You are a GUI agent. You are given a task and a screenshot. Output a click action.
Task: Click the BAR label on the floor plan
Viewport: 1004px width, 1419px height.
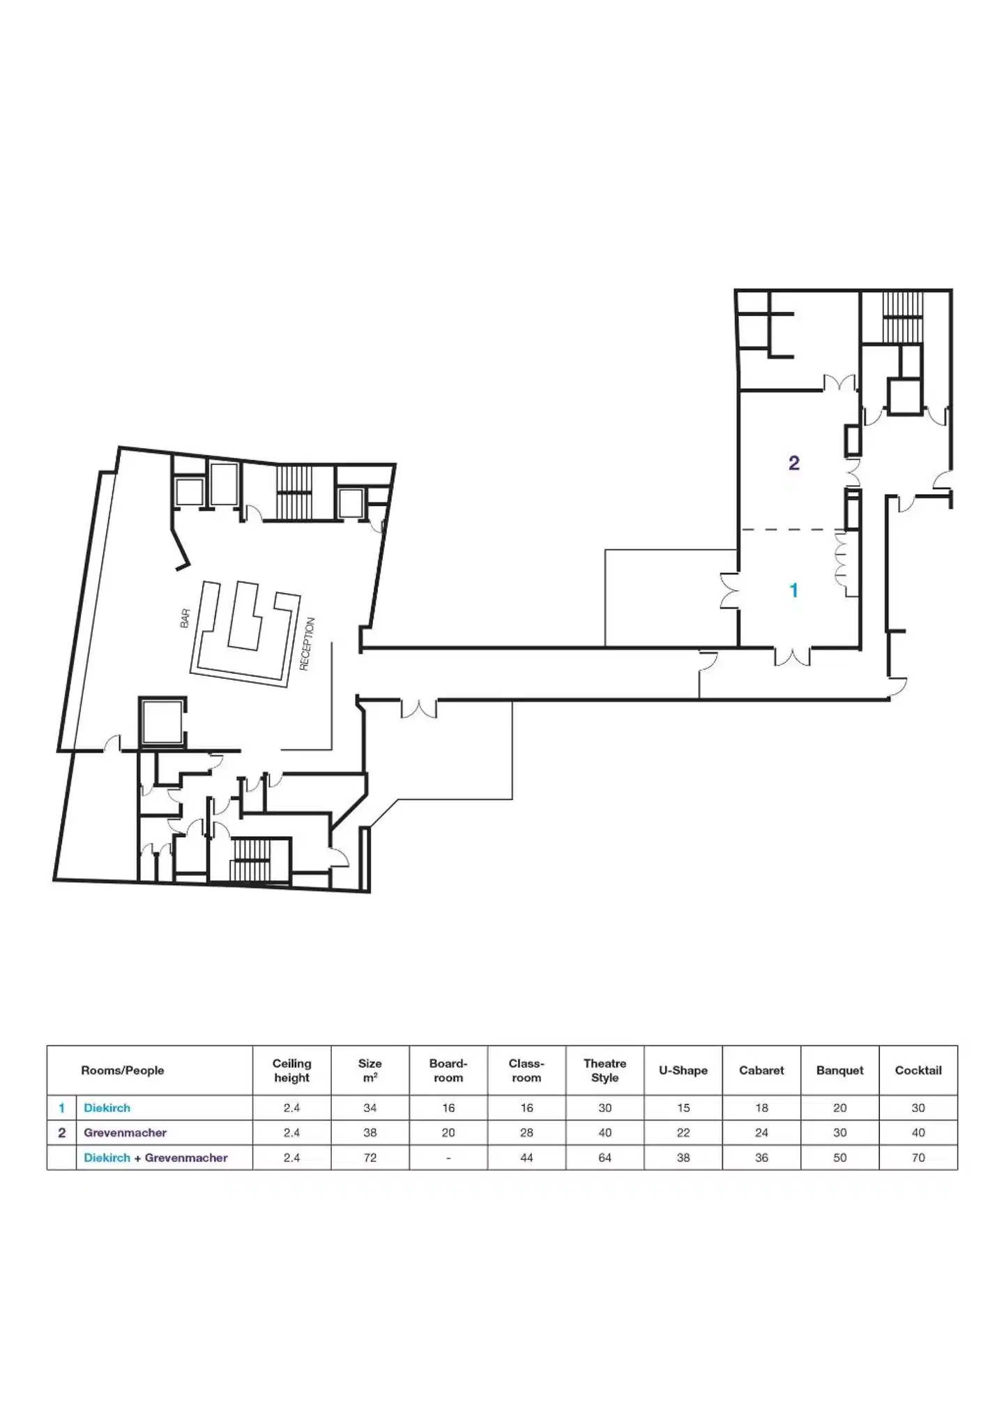click(185, 618)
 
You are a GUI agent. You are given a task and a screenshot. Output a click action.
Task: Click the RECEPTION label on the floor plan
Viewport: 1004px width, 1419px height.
click(307, 644)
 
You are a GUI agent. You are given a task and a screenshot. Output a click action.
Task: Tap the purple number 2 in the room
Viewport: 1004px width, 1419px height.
click(793, 463)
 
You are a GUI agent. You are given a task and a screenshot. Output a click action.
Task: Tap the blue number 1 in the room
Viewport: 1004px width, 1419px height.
click(793, 590)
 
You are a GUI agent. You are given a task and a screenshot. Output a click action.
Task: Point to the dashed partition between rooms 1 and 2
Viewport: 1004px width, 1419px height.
click(791, 530)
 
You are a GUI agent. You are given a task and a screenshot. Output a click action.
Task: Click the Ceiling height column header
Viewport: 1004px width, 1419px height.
click(291, 1070)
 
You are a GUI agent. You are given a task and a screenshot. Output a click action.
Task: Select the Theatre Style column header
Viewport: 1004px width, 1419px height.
click(604, 1070)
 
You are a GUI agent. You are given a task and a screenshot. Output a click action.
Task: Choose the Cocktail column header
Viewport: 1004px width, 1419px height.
click(918, 1070)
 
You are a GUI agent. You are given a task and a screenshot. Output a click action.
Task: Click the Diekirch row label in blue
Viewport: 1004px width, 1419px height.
click(107, 1107)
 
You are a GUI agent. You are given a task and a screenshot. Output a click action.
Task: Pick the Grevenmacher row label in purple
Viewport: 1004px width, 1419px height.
click(125, 1133)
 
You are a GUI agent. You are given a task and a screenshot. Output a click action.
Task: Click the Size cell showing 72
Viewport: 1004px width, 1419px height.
click(370, 1158)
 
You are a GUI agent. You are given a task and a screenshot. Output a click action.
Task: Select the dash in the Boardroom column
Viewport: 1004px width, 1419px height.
click(448, 1158)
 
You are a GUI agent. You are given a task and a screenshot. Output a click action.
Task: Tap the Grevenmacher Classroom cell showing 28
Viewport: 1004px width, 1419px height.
click(526, 1133)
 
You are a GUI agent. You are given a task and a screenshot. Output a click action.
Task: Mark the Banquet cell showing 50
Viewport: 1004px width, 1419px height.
click(839, 1158)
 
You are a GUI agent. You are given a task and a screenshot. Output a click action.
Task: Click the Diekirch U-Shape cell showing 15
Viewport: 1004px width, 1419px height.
click(683, 1107)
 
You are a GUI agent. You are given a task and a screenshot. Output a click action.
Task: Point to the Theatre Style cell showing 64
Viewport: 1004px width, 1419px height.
click(604, 1158)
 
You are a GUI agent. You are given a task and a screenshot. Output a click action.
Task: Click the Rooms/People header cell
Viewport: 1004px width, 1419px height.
click(123, 1070)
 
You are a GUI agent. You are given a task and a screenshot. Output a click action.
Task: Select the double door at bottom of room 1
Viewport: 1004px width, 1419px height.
click(792, 656)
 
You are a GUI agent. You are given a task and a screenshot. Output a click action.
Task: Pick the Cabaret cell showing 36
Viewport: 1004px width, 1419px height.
click(761, 1158)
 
